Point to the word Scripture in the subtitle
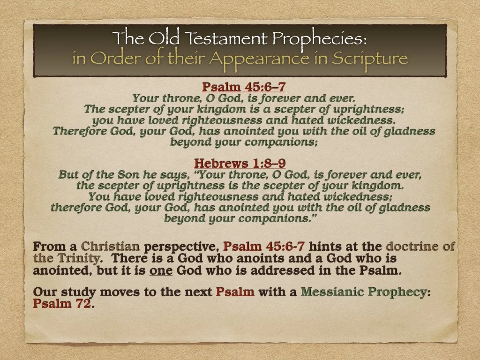[370, 59]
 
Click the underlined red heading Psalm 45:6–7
[243, 87]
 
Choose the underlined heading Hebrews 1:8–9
[240, 163]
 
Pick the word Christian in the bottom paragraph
[110, 247]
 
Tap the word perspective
[182, 247]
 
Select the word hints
[327, 247]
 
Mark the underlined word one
[159, 270]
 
